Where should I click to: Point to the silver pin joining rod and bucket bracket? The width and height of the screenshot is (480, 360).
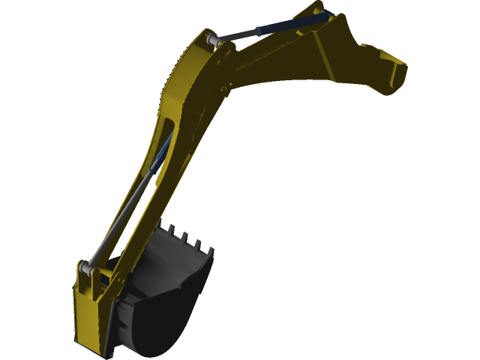89,266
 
